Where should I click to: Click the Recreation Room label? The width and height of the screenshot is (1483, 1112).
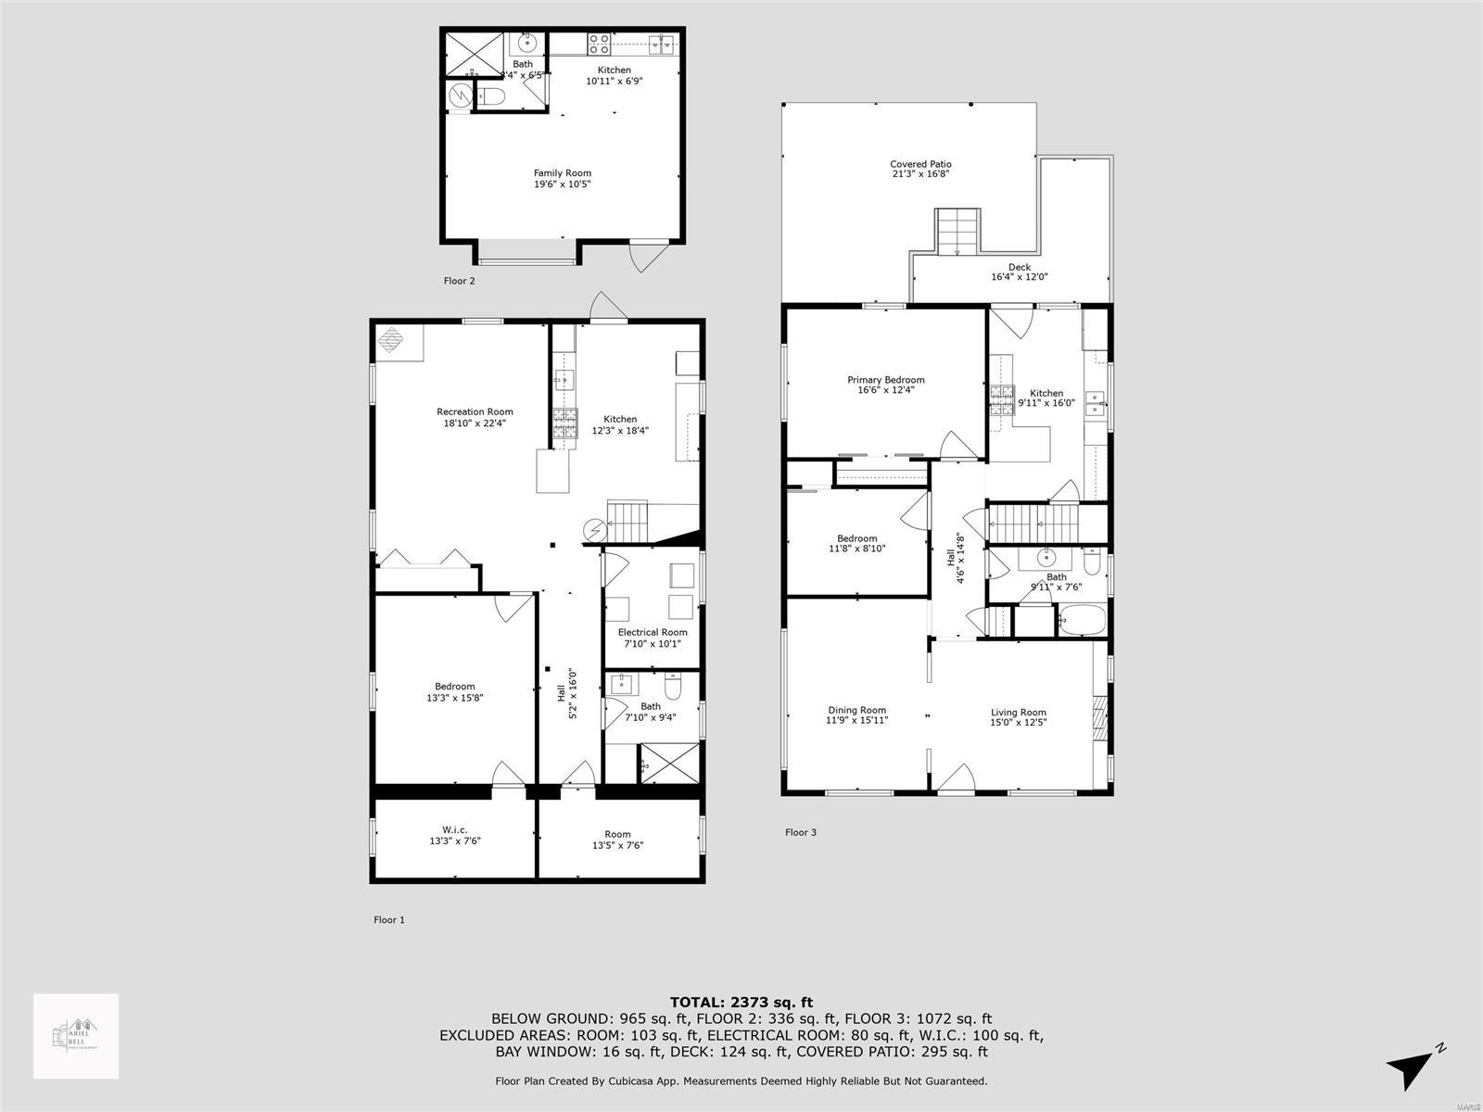click(x=475, y=411)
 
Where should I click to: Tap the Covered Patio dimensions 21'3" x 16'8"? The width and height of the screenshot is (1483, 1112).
click(x=920, y=174)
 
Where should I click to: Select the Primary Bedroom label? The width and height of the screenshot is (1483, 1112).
click(x=885, y=380)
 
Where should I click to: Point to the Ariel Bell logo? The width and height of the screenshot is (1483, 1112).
click(x=76, y=1036)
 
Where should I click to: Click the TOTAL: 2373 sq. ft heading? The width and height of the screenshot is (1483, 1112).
click(x=741, y=1002)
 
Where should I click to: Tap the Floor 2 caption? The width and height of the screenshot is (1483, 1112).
click(x=459, y=281)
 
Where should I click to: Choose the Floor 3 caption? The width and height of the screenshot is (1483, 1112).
click(x=800, y=832)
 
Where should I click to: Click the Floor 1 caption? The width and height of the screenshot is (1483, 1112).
click(x=389, y=920)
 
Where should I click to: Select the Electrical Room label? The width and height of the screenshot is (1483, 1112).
click(x=653, y=633)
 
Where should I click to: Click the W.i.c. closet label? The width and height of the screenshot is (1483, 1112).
click(x=454, y=829)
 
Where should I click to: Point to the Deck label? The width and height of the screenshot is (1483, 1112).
click(x=1019, y=267)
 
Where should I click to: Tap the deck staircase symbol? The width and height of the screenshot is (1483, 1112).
click(x=956, y=232)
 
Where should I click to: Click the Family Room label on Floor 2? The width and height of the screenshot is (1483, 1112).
click(x=562, y=173)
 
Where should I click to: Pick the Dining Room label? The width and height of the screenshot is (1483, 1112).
click(x=856, y=711)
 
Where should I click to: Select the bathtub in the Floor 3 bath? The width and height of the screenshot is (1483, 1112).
click(x=1082, y=619)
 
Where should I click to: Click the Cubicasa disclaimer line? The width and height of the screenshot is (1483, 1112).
click(x=741, y=1080)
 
